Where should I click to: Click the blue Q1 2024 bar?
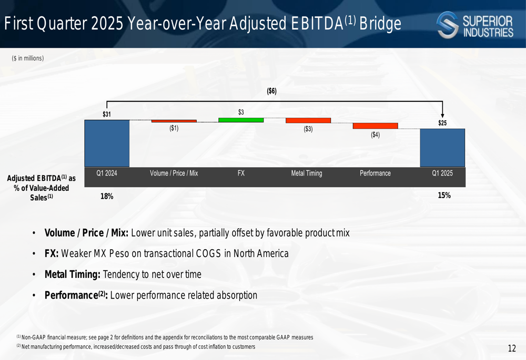tap(107, 143)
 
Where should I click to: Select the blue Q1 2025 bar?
tap(442, 148)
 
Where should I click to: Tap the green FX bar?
tap(241, 120)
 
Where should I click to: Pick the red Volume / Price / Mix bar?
tap(174, 121)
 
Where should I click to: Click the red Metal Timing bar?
tap(308, 120)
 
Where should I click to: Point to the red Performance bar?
tap(376, 126)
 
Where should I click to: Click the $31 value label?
tap(107, 114)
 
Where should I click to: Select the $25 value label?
tap(442, 123)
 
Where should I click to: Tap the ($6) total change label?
tap(272, 91)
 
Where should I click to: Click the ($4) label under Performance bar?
tap(376, 135)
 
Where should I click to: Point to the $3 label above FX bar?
tap(241, 112)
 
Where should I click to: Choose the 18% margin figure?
tap(107, 197)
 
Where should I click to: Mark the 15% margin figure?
tap(444, 196)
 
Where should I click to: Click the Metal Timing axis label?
tap(307, 173)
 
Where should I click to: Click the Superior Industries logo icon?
tap(448, 25)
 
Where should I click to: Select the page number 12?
tap(512, 348)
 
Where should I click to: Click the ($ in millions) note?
tap(28, 58)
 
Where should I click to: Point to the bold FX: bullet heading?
tap(52, 253)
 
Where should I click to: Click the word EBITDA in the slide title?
tap(317, 24)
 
